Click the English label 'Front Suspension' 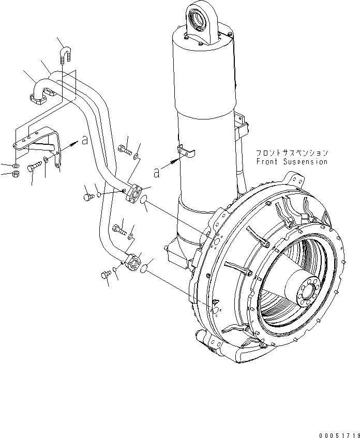tap(292, 162)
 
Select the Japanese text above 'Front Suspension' tap(292, 153)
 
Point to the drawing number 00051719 tap(334, 430)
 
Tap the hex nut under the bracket tap(16, 174)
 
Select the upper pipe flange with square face tap(136, 193)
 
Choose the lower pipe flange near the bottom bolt tap(133, 261)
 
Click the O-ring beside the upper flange tap(146, 199)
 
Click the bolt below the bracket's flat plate tap(34, 167)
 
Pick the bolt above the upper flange tap(125, 150)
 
